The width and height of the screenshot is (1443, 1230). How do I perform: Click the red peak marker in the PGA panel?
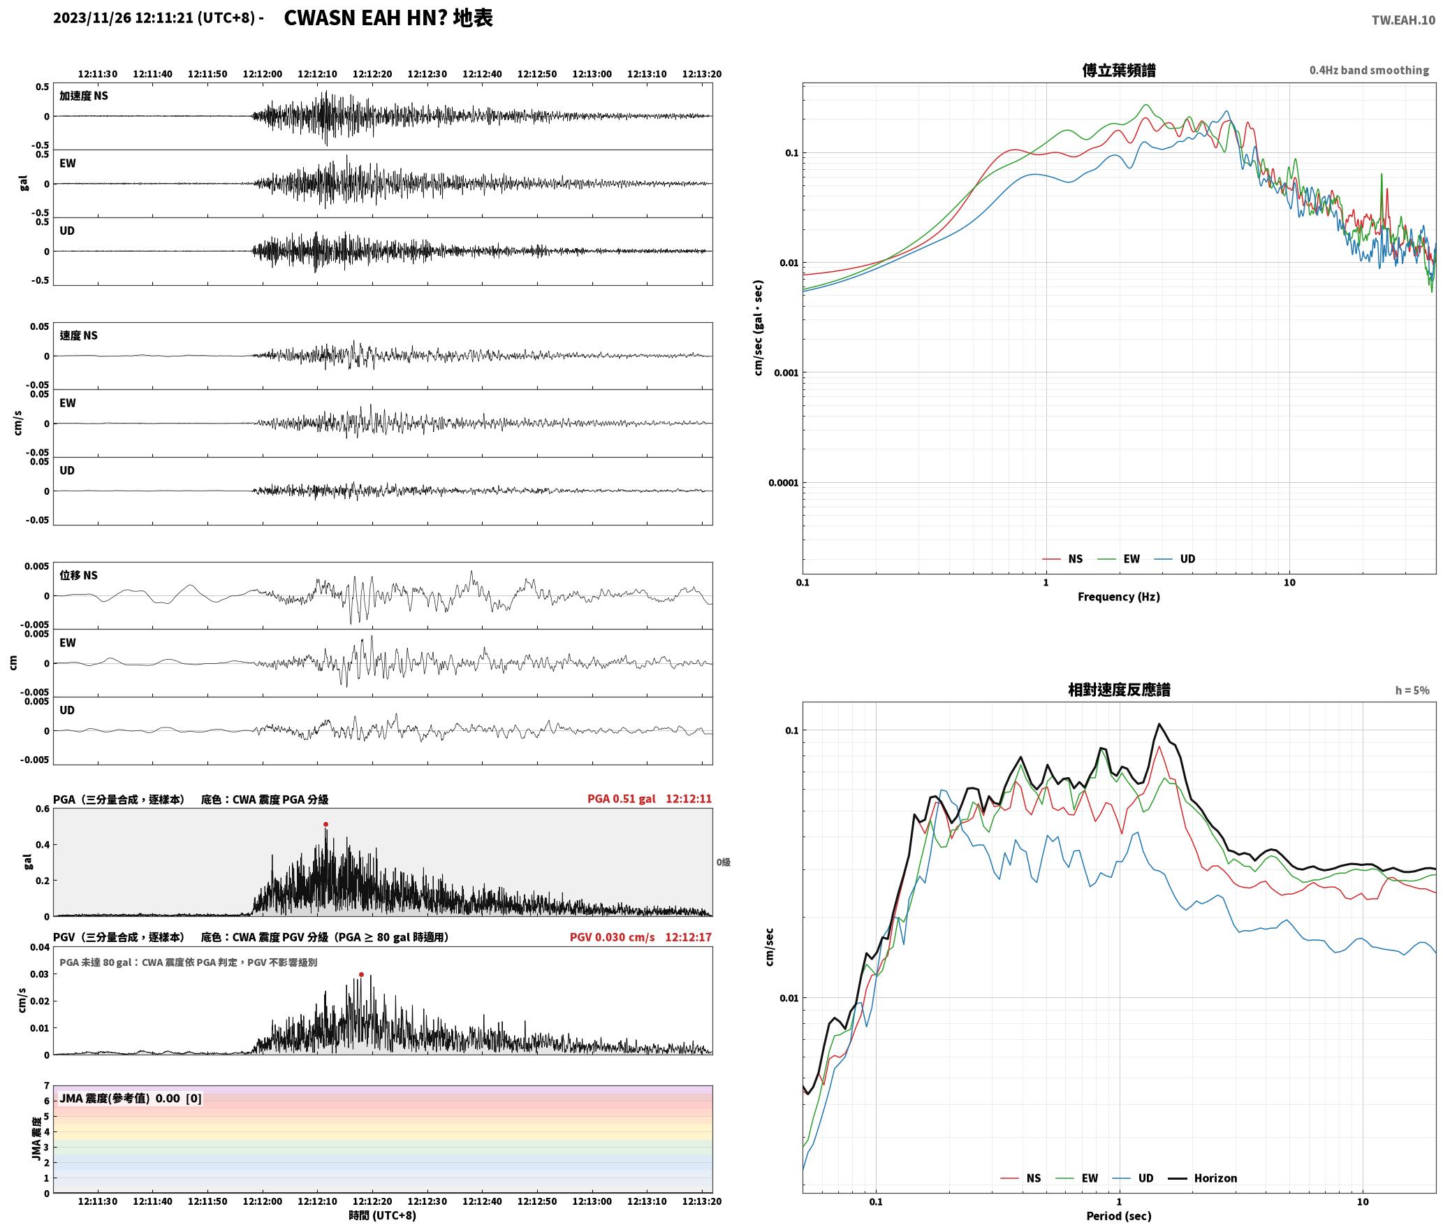(x=325, y=825)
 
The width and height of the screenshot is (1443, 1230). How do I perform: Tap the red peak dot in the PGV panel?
(x=361, y=975)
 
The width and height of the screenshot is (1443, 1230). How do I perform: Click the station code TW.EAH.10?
(x=1403, y=20)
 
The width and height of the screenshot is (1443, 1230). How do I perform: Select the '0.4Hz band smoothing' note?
(x=1369, y=70)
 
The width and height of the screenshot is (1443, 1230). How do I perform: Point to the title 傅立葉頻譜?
(x=1118, y=70)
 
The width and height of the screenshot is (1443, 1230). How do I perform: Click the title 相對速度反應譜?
(x=1119, y=690)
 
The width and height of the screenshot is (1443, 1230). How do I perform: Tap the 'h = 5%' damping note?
(x=1412, y=690)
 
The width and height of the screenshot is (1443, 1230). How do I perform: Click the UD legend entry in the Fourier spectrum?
(x=1175, y=559)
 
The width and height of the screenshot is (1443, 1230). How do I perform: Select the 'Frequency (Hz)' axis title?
(x=1118, y=597)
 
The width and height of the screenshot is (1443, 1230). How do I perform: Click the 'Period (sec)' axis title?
(x=1118, y=1216)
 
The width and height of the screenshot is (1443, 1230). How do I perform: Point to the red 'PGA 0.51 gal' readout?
(x=621, y=799)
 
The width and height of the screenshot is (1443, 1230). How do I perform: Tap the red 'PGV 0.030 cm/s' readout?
(x=612, y=937)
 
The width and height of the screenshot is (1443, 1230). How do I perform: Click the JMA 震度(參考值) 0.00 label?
(x=119, y=1098)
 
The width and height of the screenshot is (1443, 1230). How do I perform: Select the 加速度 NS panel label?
(x=84, y=96)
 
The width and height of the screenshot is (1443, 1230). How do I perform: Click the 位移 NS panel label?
(x=78, y=575)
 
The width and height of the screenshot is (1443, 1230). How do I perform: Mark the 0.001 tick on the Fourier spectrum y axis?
(x=786, y=372)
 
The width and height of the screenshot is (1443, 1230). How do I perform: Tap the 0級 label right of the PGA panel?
(x=723, y=862)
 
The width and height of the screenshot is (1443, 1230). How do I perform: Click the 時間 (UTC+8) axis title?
(x=382, y=1216)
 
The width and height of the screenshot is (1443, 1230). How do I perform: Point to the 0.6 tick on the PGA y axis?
(x=43, y=809)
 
